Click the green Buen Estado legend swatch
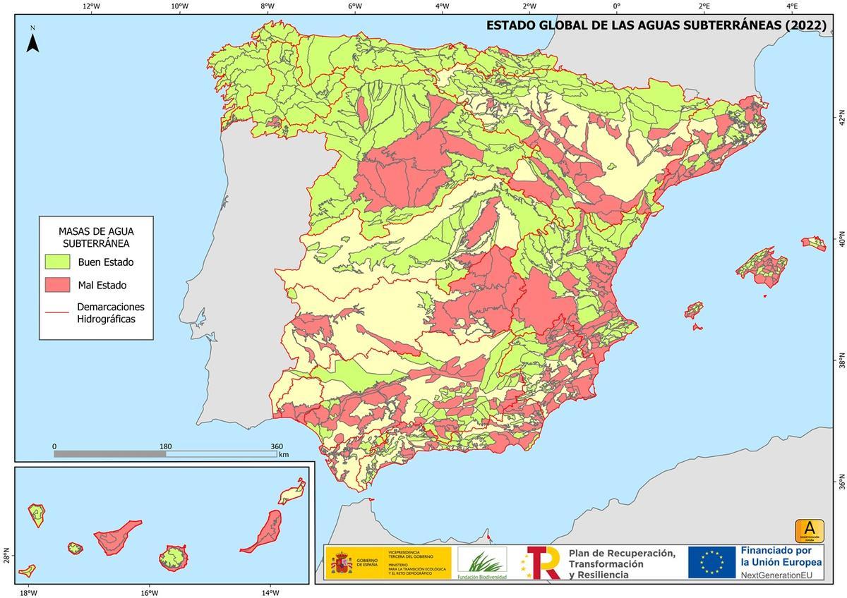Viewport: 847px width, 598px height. [x=57, y=262]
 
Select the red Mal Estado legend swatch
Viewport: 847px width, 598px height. [x=57, y=285]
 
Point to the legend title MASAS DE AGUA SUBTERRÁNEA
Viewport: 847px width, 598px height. [x=96, y=237]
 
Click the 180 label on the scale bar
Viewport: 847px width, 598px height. [x=166, y=446]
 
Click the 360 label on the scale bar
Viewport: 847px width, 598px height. [x=277, y=446]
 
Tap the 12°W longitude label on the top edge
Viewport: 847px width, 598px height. [x=91, y=6]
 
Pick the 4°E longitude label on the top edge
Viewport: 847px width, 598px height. [x=793, y=6]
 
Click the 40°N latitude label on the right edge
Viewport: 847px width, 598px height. [x=841, y=240]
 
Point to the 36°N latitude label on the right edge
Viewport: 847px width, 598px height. [x=841, y=484]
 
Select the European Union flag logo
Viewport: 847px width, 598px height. [x=711, y=562]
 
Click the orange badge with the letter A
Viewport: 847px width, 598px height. [x=810, y=530]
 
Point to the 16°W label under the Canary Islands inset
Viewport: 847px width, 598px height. [x=149, y=592]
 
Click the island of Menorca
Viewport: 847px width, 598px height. [x=814, y=243]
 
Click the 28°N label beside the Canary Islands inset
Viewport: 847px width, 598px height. [x=6, y=556]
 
